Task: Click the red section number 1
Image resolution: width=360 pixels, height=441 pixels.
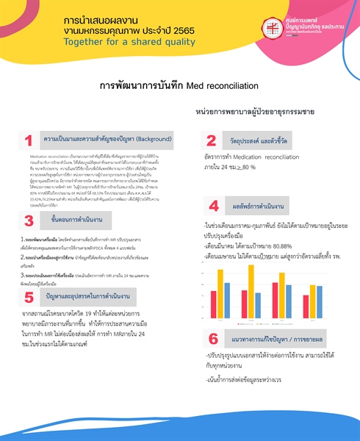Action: coord(28,140)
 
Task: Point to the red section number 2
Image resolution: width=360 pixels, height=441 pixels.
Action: coord(211,140)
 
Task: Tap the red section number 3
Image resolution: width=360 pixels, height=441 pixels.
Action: coord(28,220)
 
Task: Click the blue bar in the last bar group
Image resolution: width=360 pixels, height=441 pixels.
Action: coord(318,301)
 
